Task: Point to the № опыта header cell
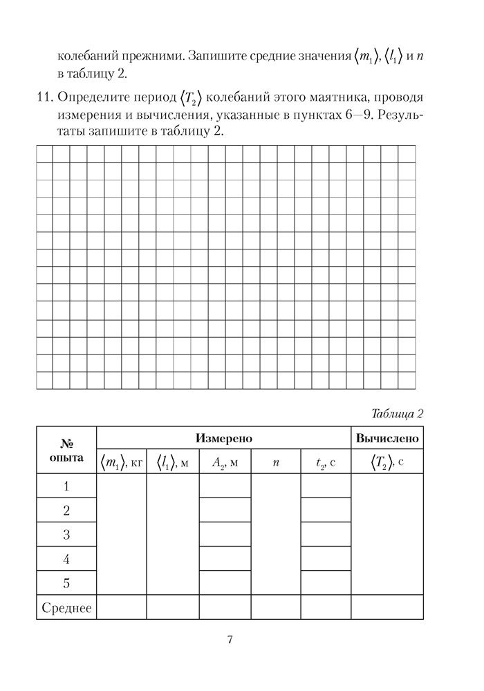(66, 451)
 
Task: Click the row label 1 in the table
(66, 487)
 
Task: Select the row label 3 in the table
(66, 534)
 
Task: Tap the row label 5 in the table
(66, 583)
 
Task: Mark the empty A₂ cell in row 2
(225, 511)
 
